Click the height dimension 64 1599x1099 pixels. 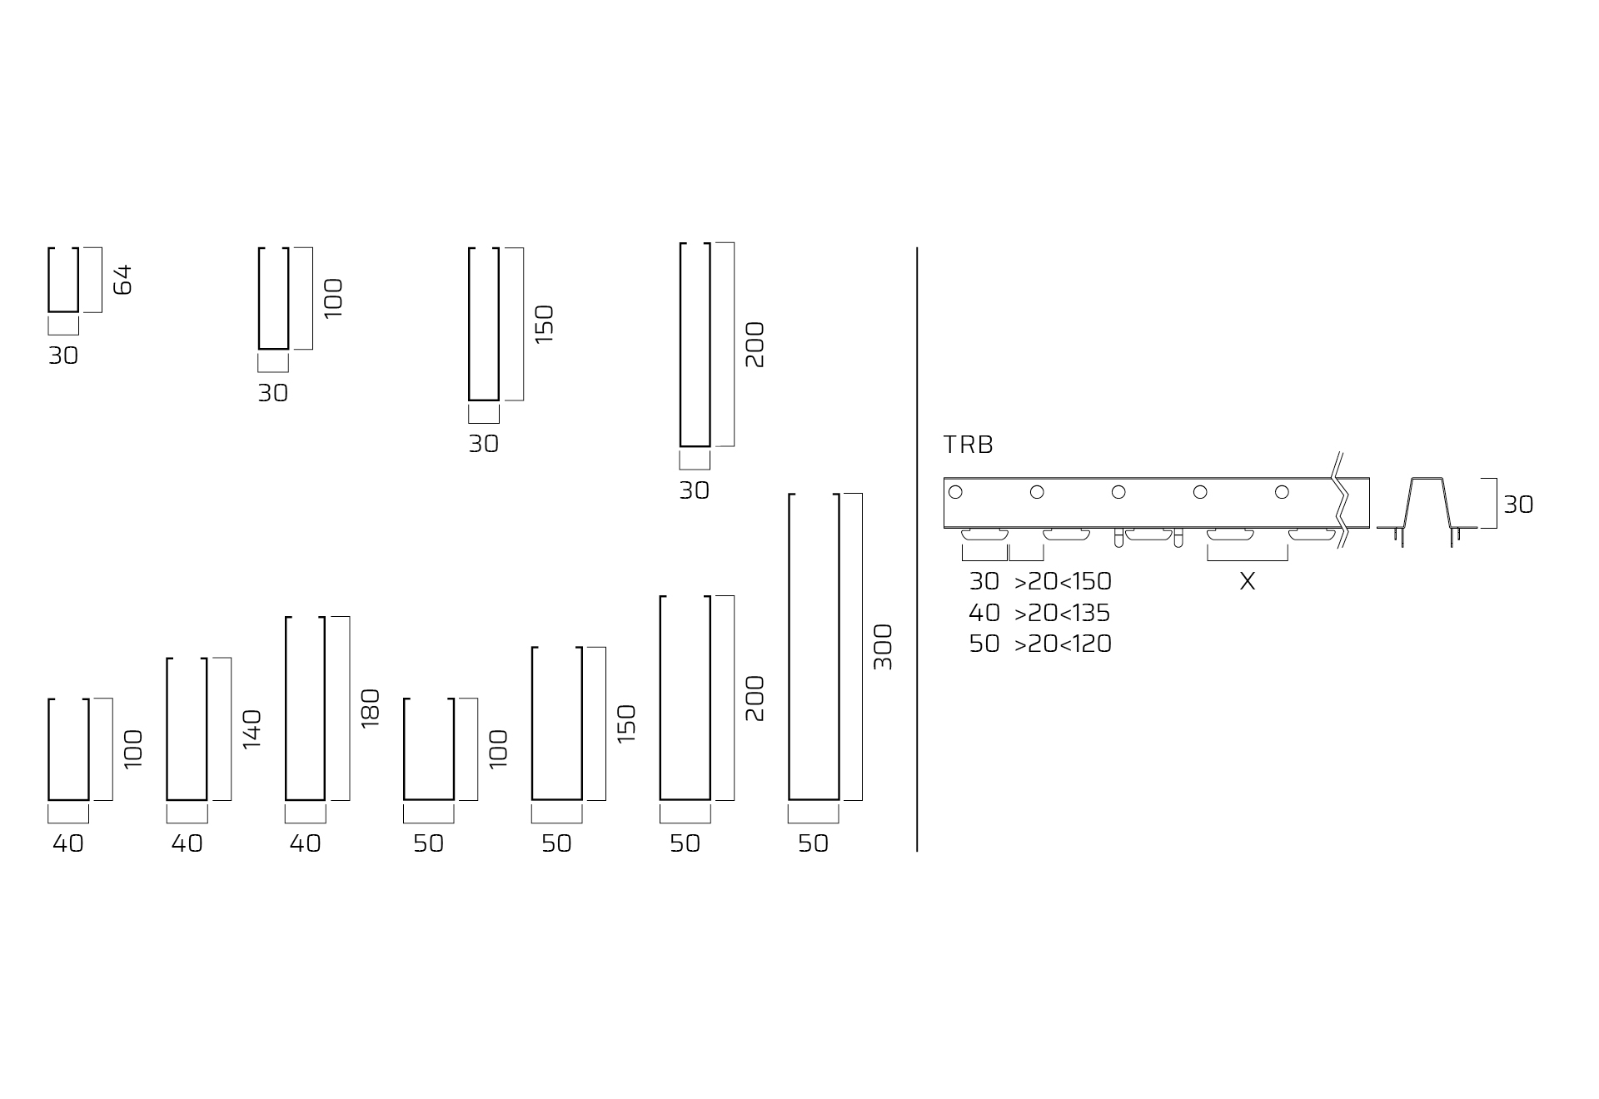(122, 279)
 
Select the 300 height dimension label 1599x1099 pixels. (883, 647)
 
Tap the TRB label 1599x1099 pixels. (969, 445)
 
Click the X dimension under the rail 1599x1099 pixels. (1247, 581)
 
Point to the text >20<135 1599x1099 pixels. (1063, 613)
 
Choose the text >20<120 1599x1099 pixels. (1063, 644)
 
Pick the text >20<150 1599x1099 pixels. (1063, 581)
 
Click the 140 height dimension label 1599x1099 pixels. (252, 729)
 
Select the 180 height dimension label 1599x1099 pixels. (371, 709)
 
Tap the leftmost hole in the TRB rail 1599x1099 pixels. (955, 492)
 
